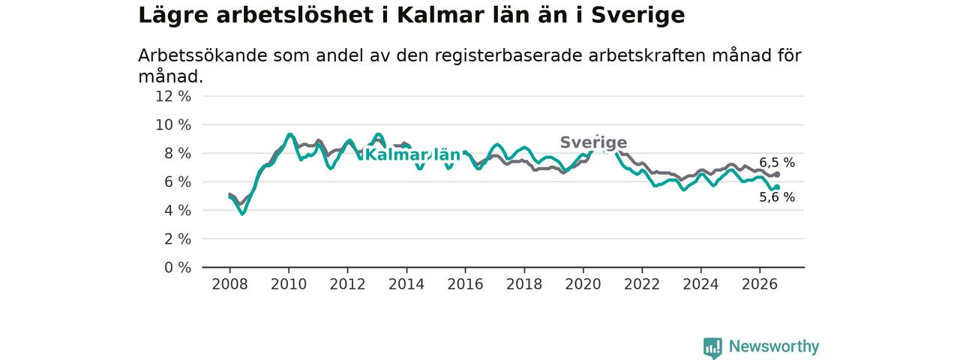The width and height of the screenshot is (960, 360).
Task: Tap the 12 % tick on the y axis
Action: tap(173, 97)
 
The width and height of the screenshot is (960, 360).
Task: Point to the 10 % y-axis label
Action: tap(173, 125)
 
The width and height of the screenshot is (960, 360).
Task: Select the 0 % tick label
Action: tap(178, 268)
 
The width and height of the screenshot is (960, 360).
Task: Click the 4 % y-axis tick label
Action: tap(178, 211)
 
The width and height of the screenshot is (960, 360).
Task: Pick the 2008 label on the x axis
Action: tap(229, 284)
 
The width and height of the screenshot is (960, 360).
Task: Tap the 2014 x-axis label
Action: tap(406, 284)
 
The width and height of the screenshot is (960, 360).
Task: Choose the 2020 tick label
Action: tap(583, 284)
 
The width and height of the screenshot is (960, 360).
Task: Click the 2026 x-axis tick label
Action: tap(760, 284)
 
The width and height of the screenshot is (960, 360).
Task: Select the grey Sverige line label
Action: tap(593, 142)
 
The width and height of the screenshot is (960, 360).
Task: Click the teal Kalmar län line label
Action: tap(412, 154)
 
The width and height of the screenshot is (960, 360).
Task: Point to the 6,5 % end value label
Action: tap(777, 163)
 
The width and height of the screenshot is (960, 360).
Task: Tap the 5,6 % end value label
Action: tap(777, 197)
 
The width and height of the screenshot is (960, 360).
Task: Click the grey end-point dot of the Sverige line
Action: tap(777, 175)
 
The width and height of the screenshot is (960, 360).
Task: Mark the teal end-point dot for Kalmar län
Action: tap(777, 187)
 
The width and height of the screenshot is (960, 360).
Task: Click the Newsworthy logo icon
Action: tap(712, 347)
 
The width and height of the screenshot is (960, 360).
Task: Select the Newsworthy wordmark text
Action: tap(774, 346)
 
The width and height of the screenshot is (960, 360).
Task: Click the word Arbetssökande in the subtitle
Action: tap(202, 55)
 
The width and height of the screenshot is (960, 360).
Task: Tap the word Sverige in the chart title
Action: tap(638, 16)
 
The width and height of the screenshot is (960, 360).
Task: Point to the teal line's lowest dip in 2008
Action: tap(242, 214)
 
